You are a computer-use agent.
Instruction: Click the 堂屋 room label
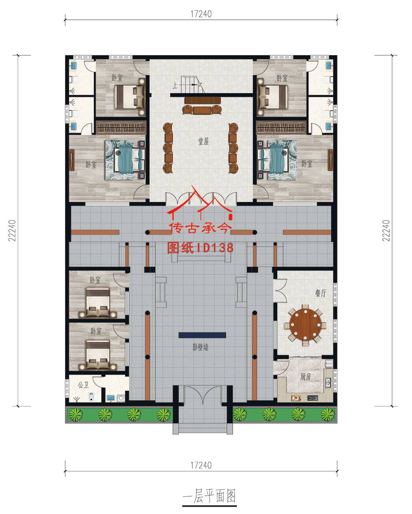point(204,141)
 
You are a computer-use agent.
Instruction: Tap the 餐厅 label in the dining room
point(321,293)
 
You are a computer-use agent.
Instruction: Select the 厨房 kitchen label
point(306,377)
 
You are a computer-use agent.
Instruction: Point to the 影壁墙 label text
point(201,347)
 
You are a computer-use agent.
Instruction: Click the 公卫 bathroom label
point(83,385)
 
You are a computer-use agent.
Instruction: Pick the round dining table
point(305,324)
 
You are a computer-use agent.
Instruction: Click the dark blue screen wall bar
point(202,335)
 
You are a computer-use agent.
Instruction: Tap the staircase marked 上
point(192,84)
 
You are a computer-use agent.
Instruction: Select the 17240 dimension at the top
point(201,14)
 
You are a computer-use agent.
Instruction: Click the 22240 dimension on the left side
point(12,230)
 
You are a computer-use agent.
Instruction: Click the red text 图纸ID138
point(200,248)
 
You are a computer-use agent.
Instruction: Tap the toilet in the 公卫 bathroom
point(91,397)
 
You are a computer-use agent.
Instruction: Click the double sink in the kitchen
point(329,383)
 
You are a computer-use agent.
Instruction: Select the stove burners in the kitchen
point(312,398)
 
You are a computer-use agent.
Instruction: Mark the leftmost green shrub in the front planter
point(75,414)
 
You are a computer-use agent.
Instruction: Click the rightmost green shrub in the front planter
point(328,414)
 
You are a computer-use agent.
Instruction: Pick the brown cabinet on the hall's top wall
point(202,100)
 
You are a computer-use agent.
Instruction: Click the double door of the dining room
point(280,291)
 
